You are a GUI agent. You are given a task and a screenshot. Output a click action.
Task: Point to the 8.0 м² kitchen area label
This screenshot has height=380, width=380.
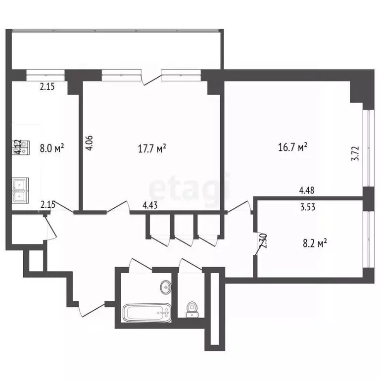[52, 147]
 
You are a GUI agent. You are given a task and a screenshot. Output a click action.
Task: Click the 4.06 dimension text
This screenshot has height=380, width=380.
[89, 144]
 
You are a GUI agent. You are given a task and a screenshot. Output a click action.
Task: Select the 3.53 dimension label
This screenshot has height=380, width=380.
[307, 207]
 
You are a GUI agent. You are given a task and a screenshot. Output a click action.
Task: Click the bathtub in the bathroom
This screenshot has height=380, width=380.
[146, 312]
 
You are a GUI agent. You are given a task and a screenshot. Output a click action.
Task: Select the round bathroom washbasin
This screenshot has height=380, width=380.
[165, 286]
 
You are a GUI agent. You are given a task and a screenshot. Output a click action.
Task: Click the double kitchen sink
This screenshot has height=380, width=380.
[20, 190]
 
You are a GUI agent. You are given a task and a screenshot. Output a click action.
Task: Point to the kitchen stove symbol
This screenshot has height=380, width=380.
[17, 147]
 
